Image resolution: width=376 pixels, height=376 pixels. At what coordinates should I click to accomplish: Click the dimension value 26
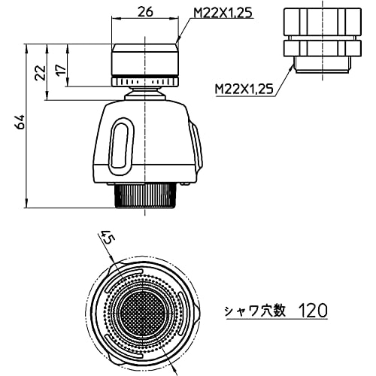145,12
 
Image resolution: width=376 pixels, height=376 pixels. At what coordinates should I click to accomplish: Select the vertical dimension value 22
40,72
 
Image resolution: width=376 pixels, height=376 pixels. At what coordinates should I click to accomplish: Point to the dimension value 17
61,69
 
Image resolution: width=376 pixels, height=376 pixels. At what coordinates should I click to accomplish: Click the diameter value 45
108,238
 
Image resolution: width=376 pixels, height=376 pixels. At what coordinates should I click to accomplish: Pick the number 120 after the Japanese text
313,311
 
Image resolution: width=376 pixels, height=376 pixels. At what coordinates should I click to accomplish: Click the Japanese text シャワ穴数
255,311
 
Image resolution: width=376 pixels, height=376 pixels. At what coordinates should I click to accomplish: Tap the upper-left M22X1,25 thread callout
223,13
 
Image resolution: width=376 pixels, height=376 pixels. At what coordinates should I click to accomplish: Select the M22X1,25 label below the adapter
244,89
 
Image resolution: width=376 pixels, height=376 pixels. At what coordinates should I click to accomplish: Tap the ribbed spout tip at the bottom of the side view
145,196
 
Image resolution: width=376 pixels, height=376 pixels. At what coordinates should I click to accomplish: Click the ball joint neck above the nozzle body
145,93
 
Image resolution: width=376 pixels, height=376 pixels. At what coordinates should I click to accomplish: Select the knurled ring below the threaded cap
145,81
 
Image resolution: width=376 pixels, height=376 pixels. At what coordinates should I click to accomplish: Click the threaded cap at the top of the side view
145,59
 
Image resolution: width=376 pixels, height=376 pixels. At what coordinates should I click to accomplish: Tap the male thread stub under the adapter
322,65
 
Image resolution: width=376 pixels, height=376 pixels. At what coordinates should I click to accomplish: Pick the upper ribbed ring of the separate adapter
323,22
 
